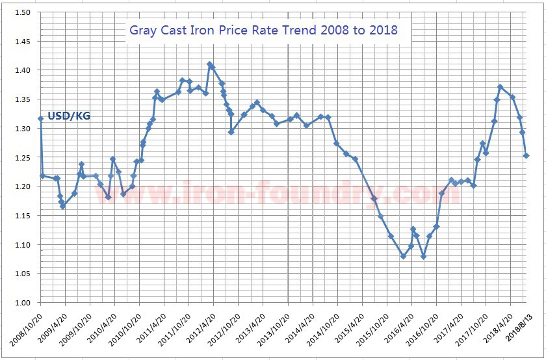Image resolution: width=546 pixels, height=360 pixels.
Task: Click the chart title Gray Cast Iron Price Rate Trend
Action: point(263,30)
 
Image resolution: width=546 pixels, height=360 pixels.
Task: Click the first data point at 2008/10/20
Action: point(40,118)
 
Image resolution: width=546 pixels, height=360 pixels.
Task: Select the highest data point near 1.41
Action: point(209,64)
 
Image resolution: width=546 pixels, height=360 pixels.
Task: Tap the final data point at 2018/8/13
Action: point(526,156)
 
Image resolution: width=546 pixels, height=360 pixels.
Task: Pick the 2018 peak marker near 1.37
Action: point(500,86)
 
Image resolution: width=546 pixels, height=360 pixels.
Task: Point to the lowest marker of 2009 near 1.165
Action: point(62,207)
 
